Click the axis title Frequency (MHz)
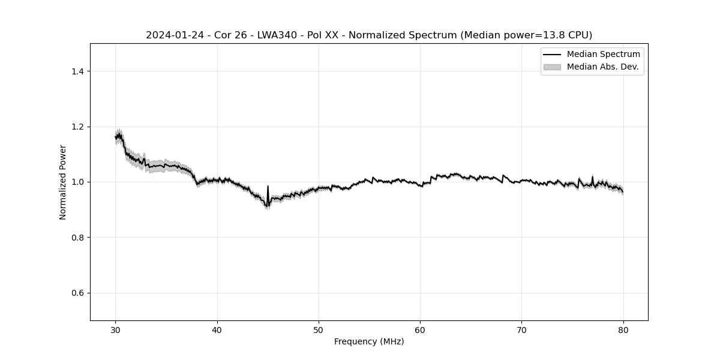(x=369, y=341)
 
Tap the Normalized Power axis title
(x=63, y=182)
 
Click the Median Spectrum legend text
(x=603, y=55)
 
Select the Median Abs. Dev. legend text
(x=602, y=67)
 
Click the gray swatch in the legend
(x=551, y=67)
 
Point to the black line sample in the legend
(x=551, y=55)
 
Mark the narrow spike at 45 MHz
(x=268, y=187)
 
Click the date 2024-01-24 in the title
(x=170, y=35)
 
